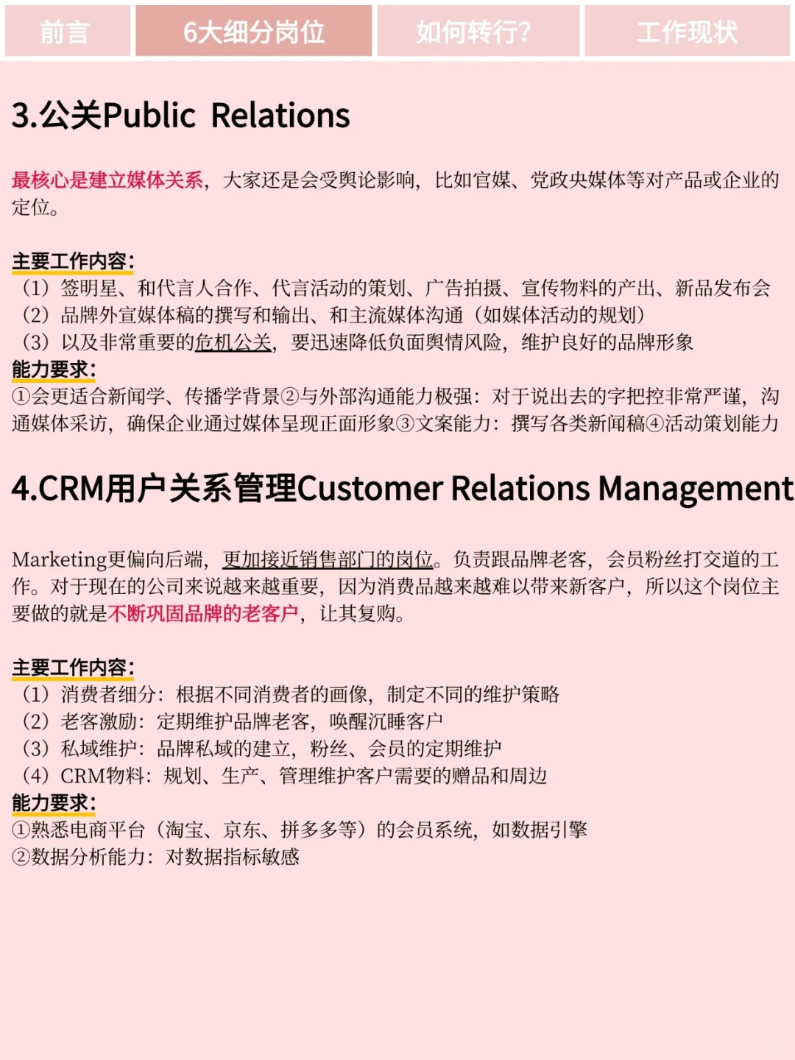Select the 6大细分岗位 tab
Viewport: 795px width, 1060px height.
[254, 32]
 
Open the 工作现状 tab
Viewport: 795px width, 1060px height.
[687, 32]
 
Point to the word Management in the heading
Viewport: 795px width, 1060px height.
[696, 488]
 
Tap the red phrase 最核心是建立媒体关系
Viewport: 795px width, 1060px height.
[107, 180]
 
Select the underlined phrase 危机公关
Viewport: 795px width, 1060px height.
[233, 342]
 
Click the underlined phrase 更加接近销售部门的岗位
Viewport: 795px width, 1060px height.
[328, 559]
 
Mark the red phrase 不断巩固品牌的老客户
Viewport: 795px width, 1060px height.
[203, 613]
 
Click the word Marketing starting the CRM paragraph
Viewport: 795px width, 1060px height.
[60, 559]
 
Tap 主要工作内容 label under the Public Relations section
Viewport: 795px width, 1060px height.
[72, 261]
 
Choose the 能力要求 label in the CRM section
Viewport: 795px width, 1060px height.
[53, 803]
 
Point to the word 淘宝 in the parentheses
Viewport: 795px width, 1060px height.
[185, 830]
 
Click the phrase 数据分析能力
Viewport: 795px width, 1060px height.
[88, 857]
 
